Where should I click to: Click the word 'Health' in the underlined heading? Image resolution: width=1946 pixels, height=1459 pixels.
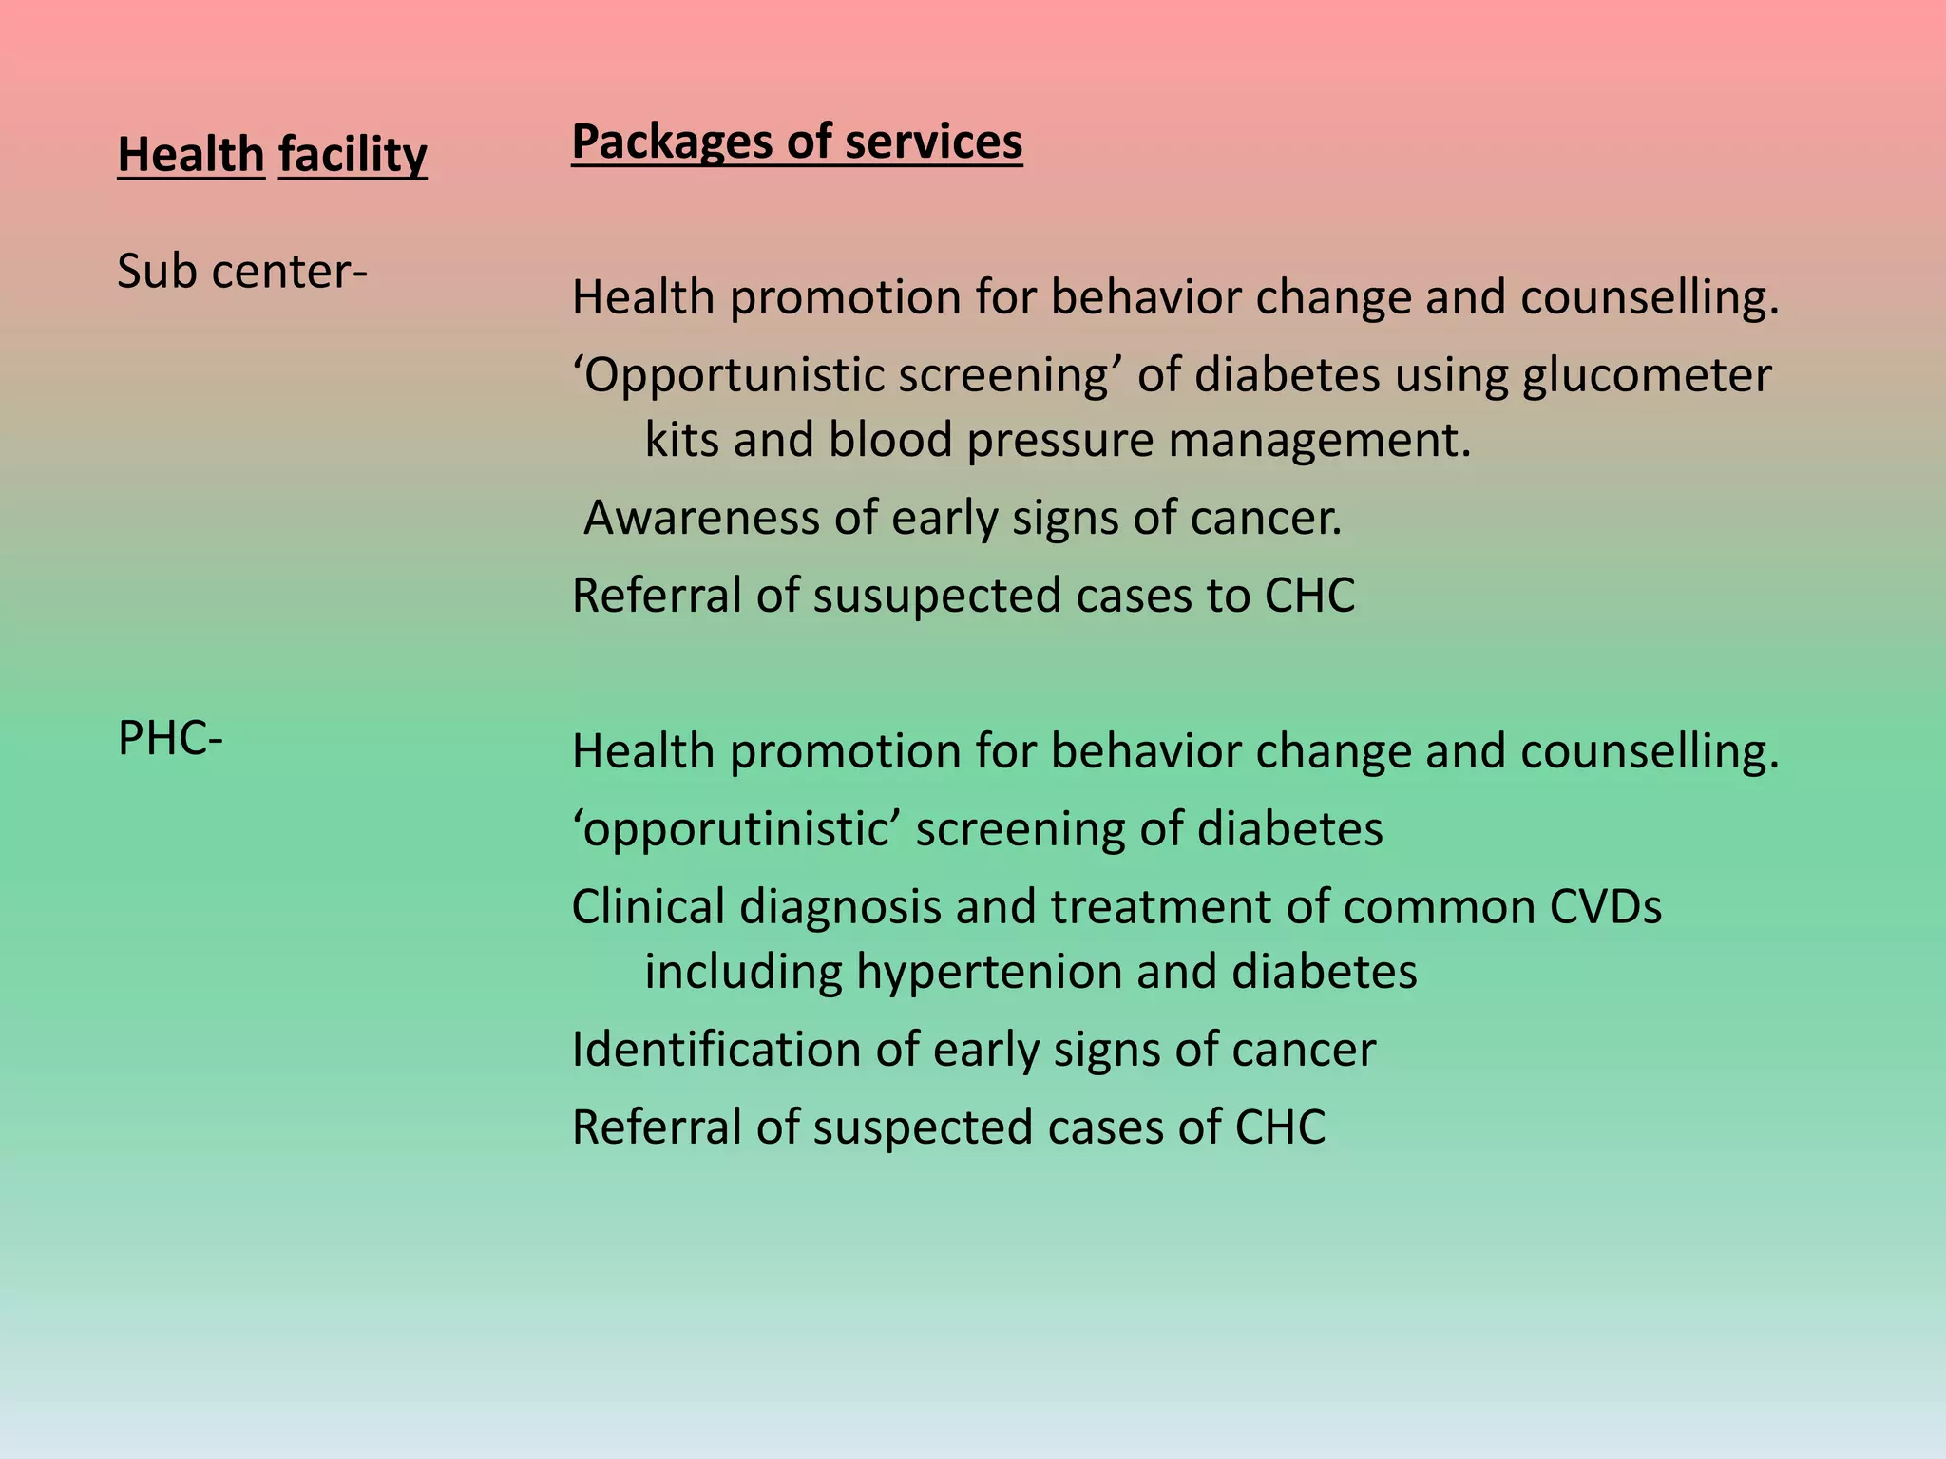[x=191, y=155]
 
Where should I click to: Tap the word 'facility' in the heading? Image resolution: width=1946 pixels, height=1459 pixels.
[x=353, y=155]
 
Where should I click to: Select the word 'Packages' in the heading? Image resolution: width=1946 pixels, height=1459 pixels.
[x=672, y=142]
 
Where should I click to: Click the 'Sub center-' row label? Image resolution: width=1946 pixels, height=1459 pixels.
[x=242, y=272]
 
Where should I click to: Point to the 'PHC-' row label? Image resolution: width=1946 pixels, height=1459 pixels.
[x=170, y=739]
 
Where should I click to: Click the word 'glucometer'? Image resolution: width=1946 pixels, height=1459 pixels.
[x=1647, y=375]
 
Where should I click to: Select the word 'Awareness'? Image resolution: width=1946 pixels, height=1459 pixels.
[x=701, y=518]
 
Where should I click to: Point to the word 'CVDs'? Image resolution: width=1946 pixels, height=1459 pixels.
[x=1606, y=907]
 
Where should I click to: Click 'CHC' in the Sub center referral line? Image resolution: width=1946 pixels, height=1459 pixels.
[x=1309, y=596]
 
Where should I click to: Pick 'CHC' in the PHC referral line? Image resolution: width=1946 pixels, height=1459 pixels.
[x=1280, y=1127]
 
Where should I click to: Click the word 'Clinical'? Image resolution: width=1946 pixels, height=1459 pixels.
[x=648, y=907]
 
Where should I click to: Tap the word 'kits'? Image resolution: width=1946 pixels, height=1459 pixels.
[x=681, y=440]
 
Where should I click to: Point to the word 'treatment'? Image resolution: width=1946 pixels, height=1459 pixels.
[x=1161, y=907]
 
